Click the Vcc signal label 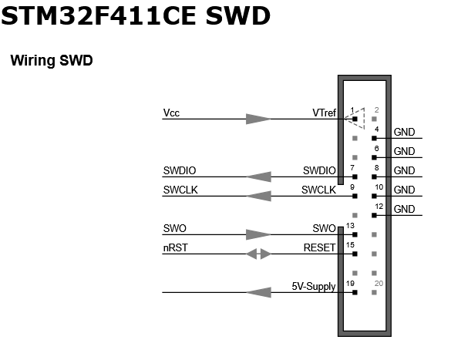pyautogui.click(x=171, y=113)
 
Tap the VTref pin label pyautogui.click(x=324, y=113)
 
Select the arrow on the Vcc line pyautogui.click(x=258, y=119)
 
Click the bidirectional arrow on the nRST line pyautogui.click(x=258, y=254)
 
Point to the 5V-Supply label pyautogui.click(x=314, y=287)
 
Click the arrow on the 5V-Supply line pyautogui.click(x=258, y=292)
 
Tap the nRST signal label pyautogui.click(x=176, y=247)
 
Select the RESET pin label pyautogui.click(x=319, y=247)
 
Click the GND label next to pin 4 pyautogui.click(x=404, y=132)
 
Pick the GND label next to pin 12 pyautogui.click(x=404, y=209)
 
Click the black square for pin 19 pyautogui.click(x=355, y=292)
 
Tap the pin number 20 pyautogui.click(x=379, y=284)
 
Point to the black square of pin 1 pyautogui.click(x=355, y=119)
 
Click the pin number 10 pyautogui.click(x=379, y=187)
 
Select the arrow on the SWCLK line pyautogui.click(x=258, y=196)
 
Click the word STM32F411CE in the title pyautogui.click(x=99, y=15)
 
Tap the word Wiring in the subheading pyautogui.click(x=32, y=60)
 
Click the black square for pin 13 pyautogui.click(x=355, y=234)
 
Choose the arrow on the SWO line pyautogui.click(x=258, y=234)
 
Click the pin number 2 pyautogui.click(x=376, y=109)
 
